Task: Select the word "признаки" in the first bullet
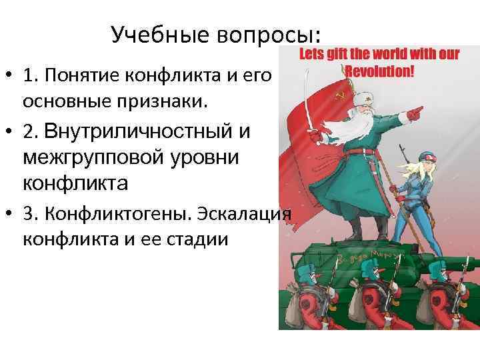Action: point(173,101)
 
